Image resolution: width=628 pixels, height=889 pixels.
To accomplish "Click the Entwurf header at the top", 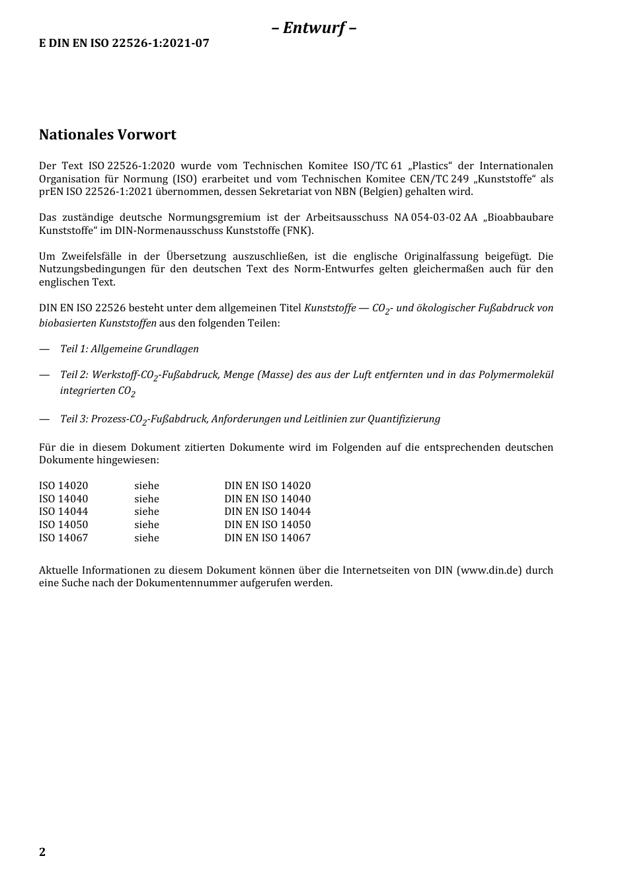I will coord(314,28).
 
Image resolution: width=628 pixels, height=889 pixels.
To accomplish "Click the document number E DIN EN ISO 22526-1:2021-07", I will coord(124,44).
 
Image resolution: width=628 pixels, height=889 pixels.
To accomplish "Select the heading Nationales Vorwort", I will coord(108,135).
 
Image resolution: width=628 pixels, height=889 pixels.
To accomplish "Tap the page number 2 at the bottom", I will coord(42,851).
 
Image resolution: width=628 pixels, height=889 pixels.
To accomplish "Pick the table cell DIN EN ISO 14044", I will coord(267,512).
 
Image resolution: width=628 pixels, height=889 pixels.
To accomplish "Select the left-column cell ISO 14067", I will coord(63,538).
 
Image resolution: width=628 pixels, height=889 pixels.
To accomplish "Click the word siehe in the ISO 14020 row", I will coord(147,486).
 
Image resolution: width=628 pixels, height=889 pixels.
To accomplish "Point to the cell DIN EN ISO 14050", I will coord(267,525).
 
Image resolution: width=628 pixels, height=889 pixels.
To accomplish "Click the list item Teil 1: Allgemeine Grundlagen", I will coord(130,349).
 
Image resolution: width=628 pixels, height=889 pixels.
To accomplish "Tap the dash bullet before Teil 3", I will coord(44,419).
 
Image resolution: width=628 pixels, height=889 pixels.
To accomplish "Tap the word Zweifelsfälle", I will coord(89,256).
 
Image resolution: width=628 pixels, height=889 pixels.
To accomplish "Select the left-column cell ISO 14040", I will coord(63,499).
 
